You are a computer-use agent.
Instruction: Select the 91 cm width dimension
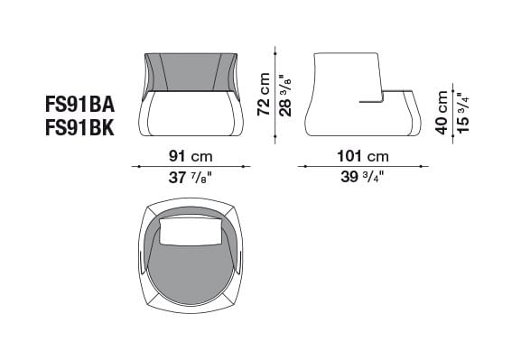coord(191,153)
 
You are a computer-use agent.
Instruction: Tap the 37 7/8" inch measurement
coord(191,178)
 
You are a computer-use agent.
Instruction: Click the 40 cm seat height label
coord(442,112)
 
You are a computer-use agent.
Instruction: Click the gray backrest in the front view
coord(191,71)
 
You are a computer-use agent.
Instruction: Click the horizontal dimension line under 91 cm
coord(191,166)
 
